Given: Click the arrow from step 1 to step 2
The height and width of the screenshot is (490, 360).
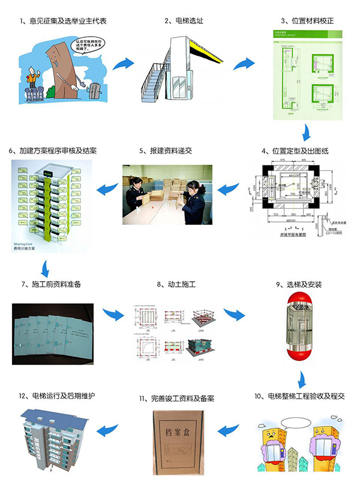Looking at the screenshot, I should [x=124, y=64].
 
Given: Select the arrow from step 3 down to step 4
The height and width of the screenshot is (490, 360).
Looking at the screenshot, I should [x=307, y=132].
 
